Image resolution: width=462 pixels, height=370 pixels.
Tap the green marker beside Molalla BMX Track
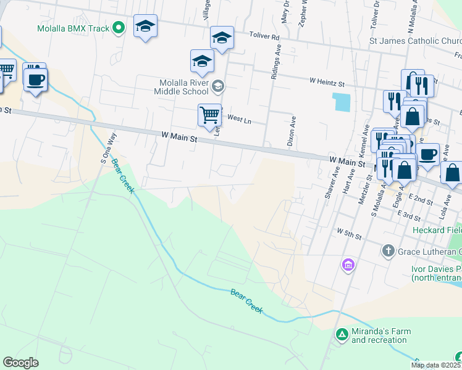(x=122, y=28)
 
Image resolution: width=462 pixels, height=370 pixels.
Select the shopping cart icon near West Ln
(x=209, y=114)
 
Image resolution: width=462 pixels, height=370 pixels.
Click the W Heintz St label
(x=327, y=81)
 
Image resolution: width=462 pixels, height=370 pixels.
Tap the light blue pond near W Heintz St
(x=340, y=102)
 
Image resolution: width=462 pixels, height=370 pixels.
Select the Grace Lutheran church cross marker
(x=388, y=250)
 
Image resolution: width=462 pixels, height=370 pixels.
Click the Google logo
(x=20, y=363)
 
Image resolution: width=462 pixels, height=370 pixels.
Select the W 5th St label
(x=348, y=234)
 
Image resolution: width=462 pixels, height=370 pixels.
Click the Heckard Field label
(x=437, y=229)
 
